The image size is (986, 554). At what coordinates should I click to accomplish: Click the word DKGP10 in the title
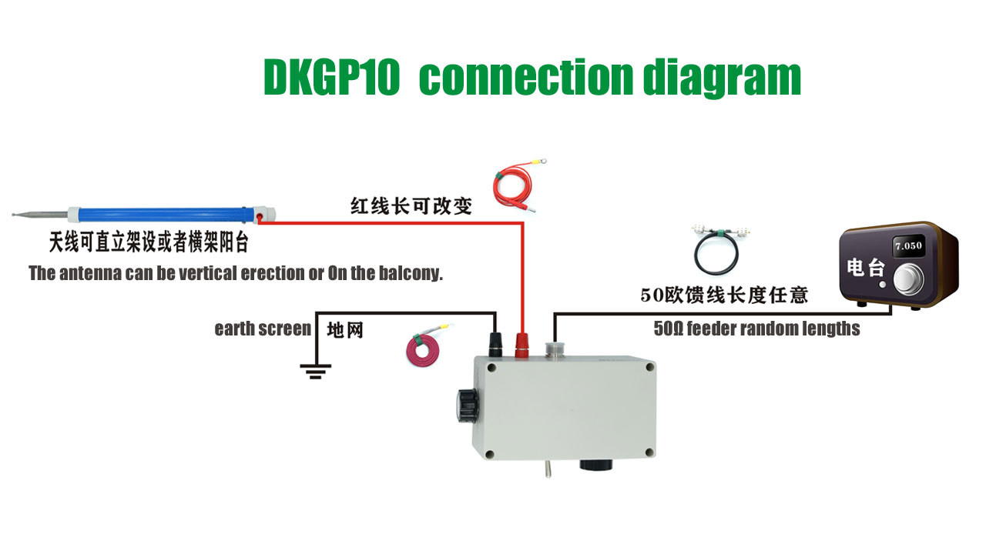pos(332,78)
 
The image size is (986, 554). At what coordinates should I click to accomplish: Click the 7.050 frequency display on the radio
pos(908,247)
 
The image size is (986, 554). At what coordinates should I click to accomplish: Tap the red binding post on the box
pos(522,344)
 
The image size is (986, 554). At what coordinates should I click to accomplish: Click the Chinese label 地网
pos(344,330)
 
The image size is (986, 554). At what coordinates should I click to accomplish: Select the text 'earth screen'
pos(263,329)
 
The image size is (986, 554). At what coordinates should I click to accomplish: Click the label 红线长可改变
pos(411,205)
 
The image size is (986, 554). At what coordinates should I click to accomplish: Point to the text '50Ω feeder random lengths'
pos(756,329)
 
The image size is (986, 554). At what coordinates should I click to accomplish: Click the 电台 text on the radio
pos(866,268)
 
